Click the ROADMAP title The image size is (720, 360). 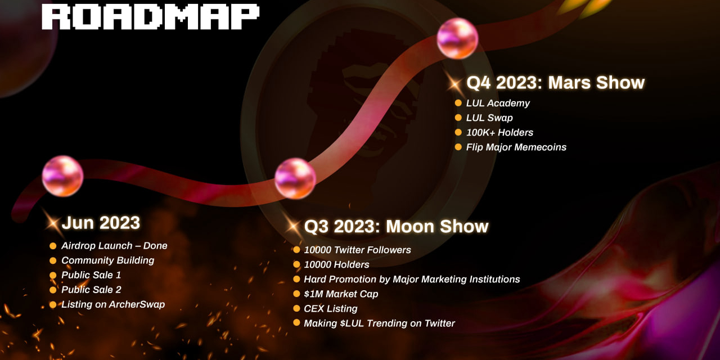(150, 17)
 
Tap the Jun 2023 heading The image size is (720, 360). (101, 223)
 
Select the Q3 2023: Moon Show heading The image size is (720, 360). (397, 226)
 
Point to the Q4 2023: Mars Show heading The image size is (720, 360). (555, 83)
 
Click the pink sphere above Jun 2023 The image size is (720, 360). (62, 176)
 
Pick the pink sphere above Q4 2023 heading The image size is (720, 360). (457, 39)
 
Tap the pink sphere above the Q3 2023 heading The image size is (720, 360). (295, 178)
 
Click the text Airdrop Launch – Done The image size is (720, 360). (114, 246)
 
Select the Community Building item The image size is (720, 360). (108, 260)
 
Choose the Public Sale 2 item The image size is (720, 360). (91, 290)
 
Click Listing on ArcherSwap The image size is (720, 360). (113, 304)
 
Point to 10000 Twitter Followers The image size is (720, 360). (357, 250)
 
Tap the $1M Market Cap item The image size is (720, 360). (341, 294)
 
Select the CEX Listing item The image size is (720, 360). (331, 309)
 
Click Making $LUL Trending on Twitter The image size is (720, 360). (380, 323)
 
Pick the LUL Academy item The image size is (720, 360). (498, 103)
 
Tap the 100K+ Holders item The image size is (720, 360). (499, 132)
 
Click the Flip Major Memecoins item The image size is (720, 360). (516, 147)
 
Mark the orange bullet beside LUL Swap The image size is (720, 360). (458, 118)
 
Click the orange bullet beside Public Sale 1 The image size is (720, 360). (53, 275)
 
